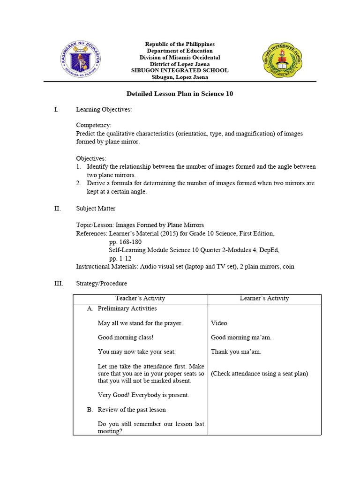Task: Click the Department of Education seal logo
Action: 81,60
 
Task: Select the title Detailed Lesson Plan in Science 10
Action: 180,94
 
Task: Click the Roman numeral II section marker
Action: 57,209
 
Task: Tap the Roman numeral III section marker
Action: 58,284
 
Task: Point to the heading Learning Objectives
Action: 104,110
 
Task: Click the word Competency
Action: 94,125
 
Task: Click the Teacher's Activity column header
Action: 140,298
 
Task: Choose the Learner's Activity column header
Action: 264,298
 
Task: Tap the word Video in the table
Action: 219,323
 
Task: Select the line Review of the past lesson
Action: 131,410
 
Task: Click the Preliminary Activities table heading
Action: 127,308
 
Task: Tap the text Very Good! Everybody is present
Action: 143,395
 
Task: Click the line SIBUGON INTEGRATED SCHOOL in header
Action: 180,70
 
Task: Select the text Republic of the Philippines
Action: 180,44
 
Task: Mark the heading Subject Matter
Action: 96,209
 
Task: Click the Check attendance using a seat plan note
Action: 259,374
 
